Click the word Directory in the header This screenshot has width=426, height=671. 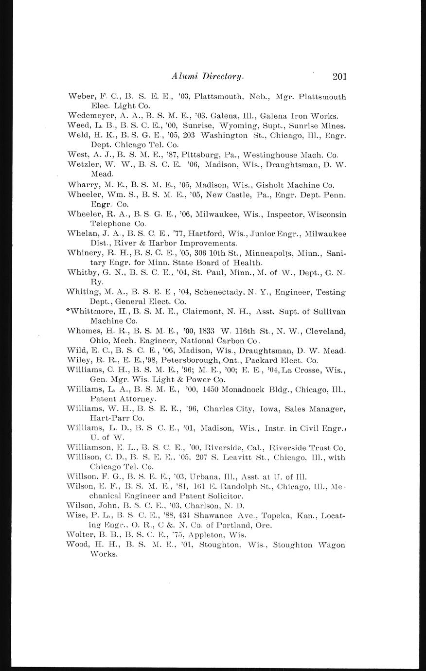pyautogui.click(x=223, y=76)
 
